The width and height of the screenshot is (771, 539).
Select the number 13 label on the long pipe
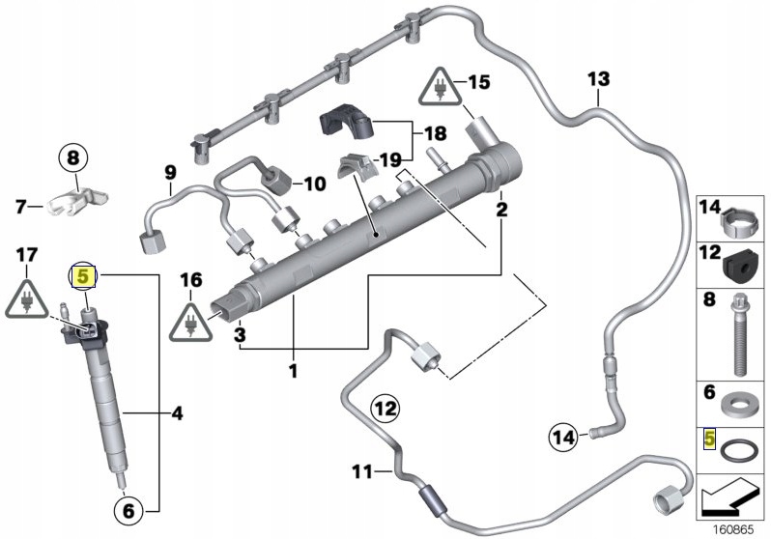click(x=598, y=77)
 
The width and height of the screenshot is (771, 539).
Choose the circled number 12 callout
click(x=385, y=410)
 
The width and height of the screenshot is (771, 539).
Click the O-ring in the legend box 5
click(x=739, y=449)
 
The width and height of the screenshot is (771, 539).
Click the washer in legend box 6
click(x=741, y=401)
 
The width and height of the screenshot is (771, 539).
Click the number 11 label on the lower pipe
click(x=360, y=472)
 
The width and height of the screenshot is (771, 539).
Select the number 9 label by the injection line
click(x=170, y=173)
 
